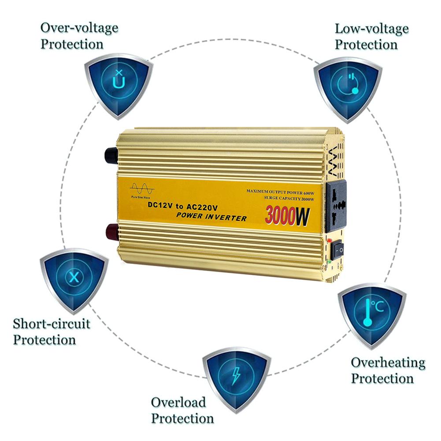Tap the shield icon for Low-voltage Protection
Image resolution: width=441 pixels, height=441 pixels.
[x=348, y=86]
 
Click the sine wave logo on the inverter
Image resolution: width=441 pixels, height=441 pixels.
[x=142, y=190]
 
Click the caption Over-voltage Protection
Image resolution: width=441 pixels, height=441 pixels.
[x=79, y=36]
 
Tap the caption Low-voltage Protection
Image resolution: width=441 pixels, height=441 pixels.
[x=371, y=37]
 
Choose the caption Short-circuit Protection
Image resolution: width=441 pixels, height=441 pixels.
[x=51, y=332]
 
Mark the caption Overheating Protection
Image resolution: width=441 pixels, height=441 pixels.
[x=388, y=371]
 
